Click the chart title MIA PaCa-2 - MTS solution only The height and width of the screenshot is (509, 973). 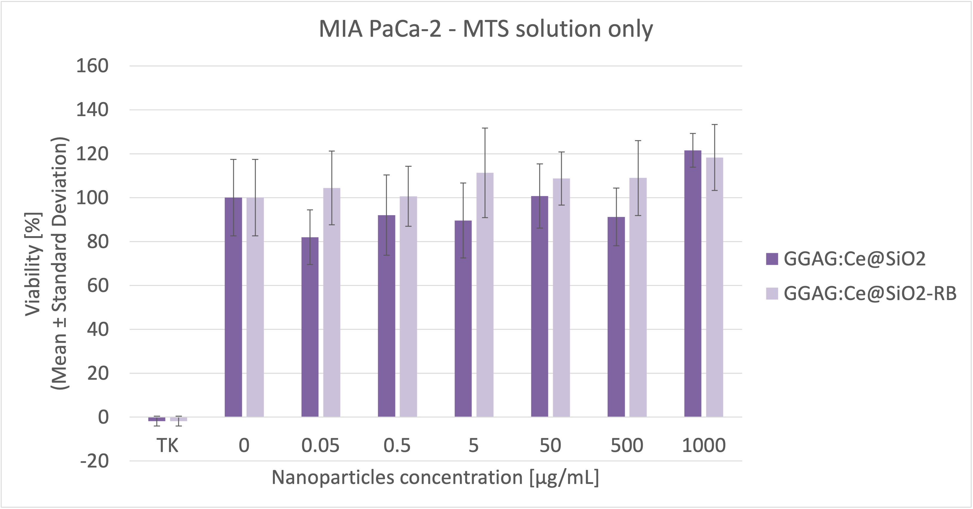[x=486, y=29]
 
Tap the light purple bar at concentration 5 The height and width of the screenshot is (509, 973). [x=485, y=295]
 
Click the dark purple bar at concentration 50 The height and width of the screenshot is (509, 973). [x=539, y=306]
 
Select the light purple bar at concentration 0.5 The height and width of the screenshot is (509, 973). [x=408, y=306]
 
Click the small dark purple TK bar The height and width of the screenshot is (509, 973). [x=157, y=419]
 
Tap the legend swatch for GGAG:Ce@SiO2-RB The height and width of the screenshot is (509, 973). [x=772, y=294]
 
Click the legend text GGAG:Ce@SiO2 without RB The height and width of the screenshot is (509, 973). [x=854, y=259]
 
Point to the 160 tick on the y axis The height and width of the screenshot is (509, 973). [x=92, y=66]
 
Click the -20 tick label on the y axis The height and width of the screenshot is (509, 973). [x=94, y=461]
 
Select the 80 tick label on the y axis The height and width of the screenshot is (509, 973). [x=97, y=242]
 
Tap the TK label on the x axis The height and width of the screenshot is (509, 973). [x=167, y=446]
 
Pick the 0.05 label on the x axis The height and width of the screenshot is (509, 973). [x=320, y=446]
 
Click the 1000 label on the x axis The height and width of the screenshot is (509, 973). [x=703, y=446]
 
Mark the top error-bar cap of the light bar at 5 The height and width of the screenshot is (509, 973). [x=485, y=128]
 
